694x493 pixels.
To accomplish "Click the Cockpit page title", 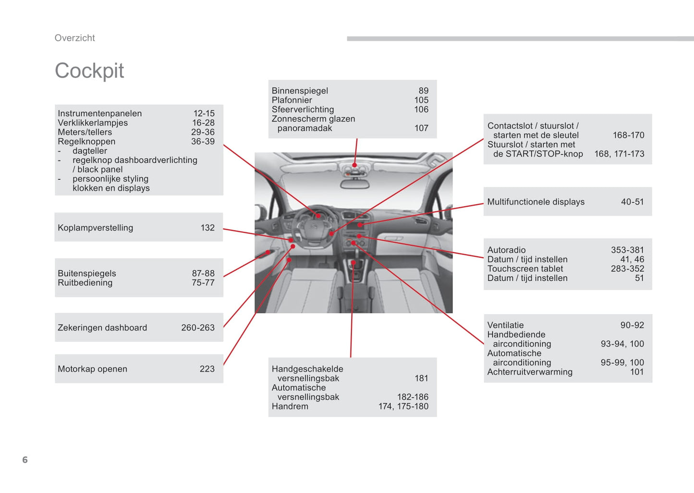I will (89, 71).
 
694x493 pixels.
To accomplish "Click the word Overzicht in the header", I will (74, 38).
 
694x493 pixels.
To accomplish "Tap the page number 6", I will (25, 460).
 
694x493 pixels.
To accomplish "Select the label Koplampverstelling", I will (95, 228).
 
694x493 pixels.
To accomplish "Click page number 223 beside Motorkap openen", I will (207, 369).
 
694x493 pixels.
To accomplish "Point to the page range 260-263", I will (197, 328).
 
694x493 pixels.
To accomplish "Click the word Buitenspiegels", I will (87, 273).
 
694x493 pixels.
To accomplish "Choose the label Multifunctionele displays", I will (536, 202).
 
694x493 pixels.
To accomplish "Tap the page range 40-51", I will (632, 202).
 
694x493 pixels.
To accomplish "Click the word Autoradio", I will (506, 250).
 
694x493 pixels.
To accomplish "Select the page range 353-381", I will (627, 250).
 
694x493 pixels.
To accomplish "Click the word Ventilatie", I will (505, 325).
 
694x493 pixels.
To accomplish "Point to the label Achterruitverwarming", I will (530, 372).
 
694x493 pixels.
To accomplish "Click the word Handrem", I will (290, 407).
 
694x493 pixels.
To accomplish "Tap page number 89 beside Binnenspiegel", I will (423, 91).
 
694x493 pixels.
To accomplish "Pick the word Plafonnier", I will (292, 100).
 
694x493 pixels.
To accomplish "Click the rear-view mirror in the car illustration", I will (354, 184).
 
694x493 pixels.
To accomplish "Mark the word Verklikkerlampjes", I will (93, 123).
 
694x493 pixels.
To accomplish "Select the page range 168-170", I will (628, 136).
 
